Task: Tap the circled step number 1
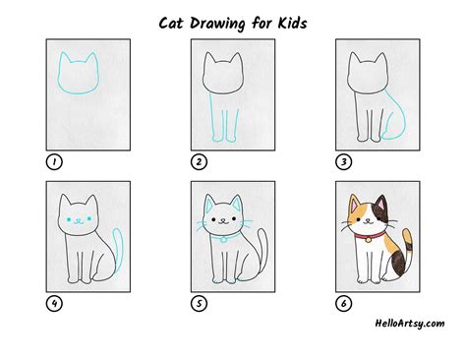53,161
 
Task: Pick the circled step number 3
344,161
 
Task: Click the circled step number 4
53,304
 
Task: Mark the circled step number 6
344,304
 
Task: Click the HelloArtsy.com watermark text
410,323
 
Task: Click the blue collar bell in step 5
224,239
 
